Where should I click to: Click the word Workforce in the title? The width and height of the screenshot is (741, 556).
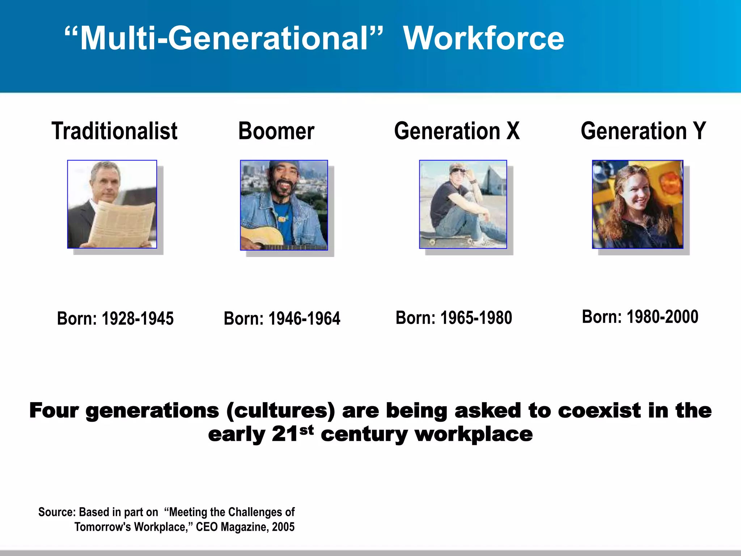[x=483, y=38]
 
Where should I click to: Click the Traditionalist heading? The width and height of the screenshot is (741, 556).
[x=114, y=131]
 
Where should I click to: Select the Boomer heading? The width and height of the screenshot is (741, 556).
[x=276, y=131]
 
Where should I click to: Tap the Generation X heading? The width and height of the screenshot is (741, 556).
[x=457, y=131]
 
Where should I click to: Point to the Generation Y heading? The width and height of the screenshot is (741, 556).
[x=643, y=131]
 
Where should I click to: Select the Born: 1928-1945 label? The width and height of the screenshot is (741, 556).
[x=115, y=319]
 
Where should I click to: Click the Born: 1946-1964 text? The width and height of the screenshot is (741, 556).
[x=282, y=319]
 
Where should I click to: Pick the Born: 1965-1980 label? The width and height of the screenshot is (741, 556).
[x=454, y=318]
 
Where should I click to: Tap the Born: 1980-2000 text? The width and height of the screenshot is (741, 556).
[x=640, y=317]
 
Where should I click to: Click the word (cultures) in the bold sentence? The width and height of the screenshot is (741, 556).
[x=280, y=411]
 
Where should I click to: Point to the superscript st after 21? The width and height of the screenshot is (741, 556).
[x=306, y=430]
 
